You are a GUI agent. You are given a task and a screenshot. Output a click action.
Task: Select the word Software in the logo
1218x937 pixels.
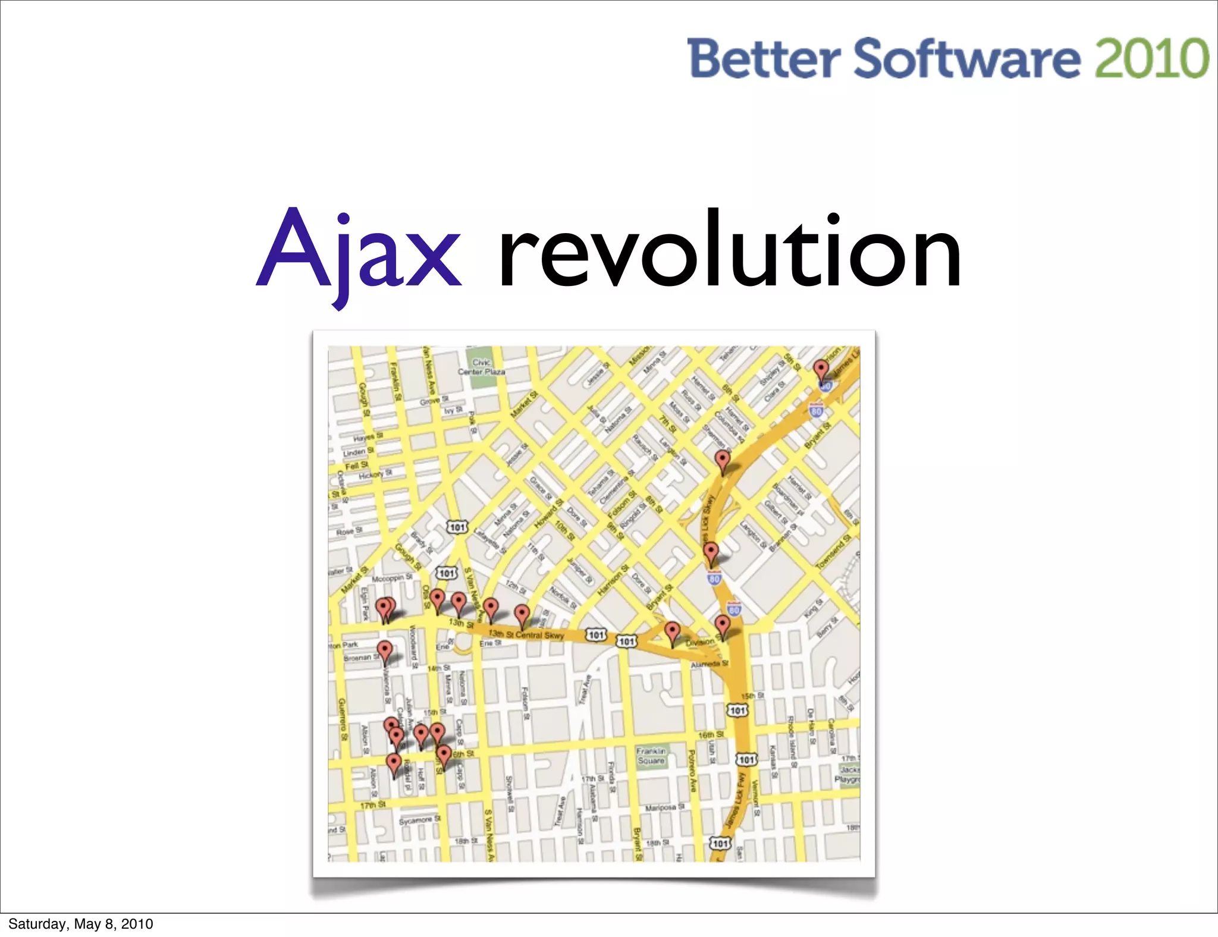coord(966,58)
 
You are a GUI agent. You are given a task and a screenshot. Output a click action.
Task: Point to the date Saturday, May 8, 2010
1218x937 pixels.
coord(81,923)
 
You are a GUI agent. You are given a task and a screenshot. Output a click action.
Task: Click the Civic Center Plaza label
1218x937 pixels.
coord(481,367)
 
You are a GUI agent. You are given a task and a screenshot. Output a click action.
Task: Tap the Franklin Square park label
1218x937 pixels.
coord(651,756)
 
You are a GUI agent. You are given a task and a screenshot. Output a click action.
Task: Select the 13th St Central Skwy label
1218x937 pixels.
coord(526,634)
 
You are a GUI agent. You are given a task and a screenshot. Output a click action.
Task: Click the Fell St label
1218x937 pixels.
coord(356,465)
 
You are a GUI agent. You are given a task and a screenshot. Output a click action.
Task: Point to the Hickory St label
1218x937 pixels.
coord(375,474)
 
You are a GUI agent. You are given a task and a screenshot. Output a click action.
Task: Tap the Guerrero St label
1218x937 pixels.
coord(342,719)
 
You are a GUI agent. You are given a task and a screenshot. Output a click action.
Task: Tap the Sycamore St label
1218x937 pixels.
coord(419,820)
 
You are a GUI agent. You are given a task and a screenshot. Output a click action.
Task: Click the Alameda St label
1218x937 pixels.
coord(709,664)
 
